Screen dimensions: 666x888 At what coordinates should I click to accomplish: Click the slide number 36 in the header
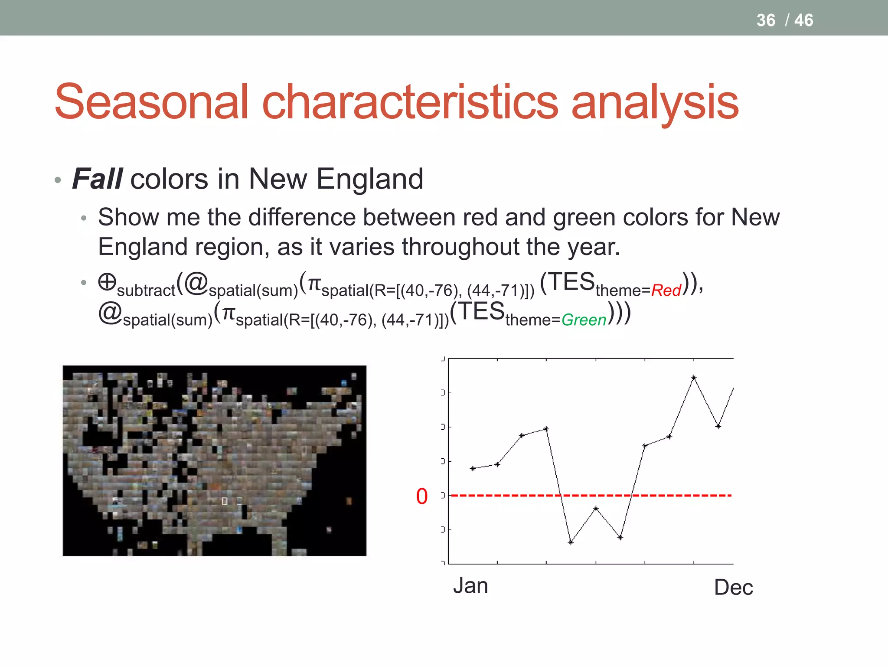click(x=765, y=20)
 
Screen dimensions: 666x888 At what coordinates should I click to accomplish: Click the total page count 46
click(x=803, y=20)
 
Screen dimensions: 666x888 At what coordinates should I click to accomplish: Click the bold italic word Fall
click(x=97, y=179)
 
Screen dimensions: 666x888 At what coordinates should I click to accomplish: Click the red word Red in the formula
click(x=666, y=291)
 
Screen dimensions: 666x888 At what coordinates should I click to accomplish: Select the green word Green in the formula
click(x=584, y=320)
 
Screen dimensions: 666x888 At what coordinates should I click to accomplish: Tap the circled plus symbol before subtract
click(x=107, y=282)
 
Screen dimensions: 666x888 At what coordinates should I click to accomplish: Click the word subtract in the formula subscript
click(x=146, y=291)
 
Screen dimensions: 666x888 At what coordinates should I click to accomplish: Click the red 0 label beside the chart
click(x=422, y=496)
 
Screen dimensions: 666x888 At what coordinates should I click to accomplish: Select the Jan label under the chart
click(x=470, y=586)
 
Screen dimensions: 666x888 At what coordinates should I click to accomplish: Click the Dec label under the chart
click(x=733, y=588)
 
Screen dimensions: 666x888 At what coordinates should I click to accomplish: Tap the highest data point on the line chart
click(x=694, y=377)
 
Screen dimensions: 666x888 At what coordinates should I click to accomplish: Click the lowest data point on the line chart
click(x=571, y=542)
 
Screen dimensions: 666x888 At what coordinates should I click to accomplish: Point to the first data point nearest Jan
click(x=473, y=468)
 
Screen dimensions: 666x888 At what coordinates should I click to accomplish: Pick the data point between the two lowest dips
click(x=596, y=508)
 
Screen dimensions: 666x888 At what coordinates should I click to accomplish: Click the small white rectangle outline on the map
click(x=224, y=501)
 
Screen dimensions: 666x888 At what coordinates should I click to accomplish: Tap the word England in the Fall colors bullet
click(x=369, y=179)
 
